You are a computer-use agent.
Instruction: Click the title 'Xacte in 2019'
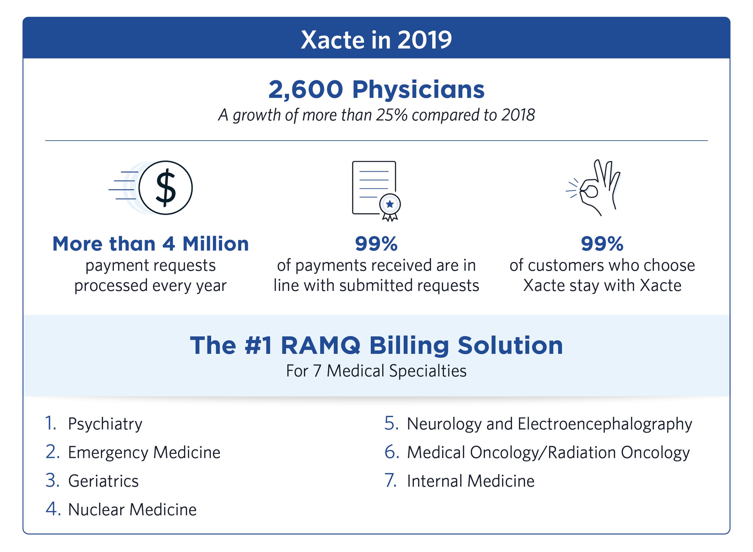[376, 40]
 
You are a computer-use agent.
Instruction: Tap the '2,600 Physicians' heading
[376, 90]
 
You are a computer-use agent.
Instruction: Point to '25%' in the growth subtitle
[392, 115]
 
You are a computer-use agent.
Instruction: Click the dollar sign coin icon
[165, 187]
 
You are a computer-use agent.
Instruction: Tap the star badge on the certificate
[390, 204]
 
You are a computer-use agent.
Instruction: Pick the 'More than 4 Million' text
[151, 244]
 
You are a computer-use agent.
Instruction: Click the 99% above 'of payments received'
[376, 244]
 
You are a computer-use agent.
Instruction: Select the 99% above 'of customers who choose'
[602, 244]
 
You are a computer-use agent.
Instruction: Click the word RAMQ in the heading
[321, 345]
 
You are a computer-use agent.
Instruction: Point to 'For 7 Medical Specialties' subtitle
[376, 371]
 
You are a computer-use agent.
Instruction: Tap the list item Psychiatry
[105, 424]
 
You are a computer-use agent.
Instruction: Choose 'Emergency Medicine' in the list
[144, 453]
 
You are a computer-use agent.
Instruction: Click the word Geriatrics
[103, 481]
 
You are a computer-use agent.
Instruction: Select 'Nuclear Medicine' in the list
[132, 509]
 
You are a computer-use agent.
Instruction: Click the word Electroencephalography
[604, 424]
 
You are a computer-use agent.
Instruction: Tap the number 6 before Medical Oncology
[391, 452]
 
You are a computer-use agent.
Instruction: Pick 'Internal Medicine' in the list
[470, 481]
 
